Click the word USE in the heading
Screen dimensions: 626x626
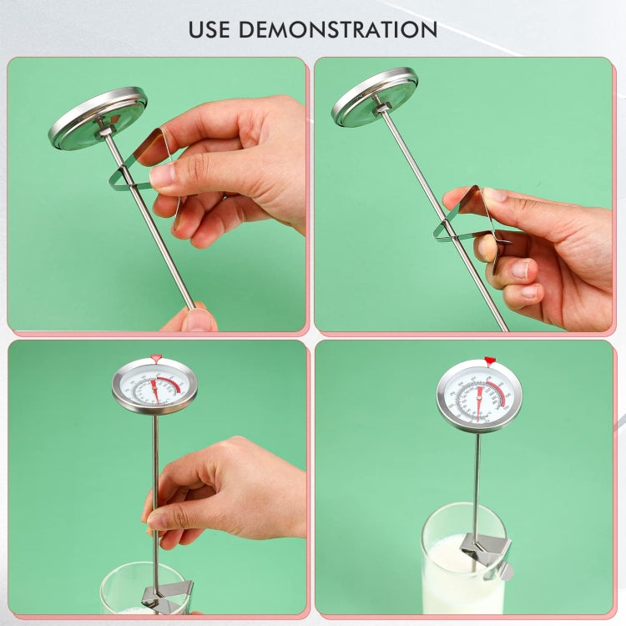[212, 29]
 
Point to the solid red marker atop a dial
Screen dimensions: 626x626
[490, 361]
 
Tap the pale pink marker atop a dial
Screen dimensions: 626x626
[155, 358]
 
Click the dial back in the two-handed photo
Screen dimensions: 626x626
[97, 119]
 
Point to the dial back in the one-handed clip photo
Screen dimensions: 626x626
[375, 97]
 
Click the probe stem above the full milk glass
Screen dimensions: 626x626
[477, 476]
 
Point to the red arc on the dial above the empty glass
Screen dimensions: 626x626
[170, 385]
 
